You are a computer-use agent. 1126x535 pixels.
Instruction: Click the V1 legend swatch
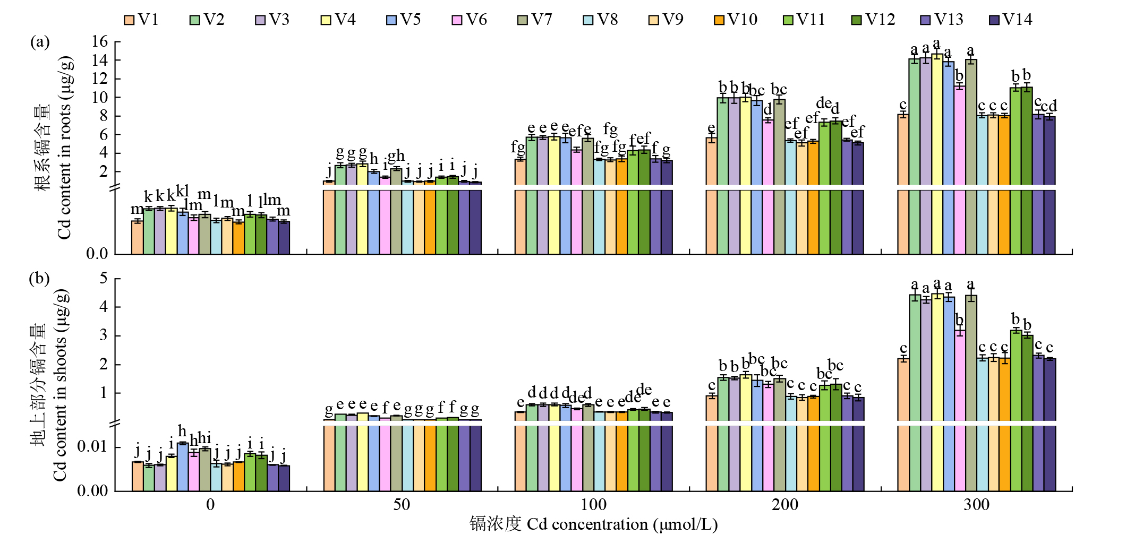click(129, 20)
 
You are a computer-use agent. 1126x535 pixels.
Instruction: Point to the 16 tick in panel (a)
click(99, 42)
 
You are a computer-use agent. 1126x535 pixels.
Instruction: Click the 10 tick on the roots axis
click(99, 98)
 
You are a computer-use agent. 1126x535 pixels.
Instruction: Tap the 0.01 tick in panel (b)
click(92, 446)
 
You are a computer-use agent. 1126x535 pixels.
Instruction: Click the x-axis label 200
click(784, 505)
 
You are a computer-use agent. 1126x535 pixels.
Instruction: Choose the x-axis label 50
click(402, 505)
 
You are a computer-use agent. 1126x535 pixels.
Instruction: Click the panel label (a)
click(40, 42)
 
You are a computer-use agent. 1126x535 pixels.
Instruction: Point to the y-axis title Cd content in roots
click(64, 149)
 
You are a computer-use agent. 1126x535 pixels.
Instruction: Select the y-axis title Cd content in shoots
click(59, 385)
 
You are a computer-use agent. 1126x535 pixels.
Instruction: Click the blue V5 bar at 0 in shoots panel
click(183, 467)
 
